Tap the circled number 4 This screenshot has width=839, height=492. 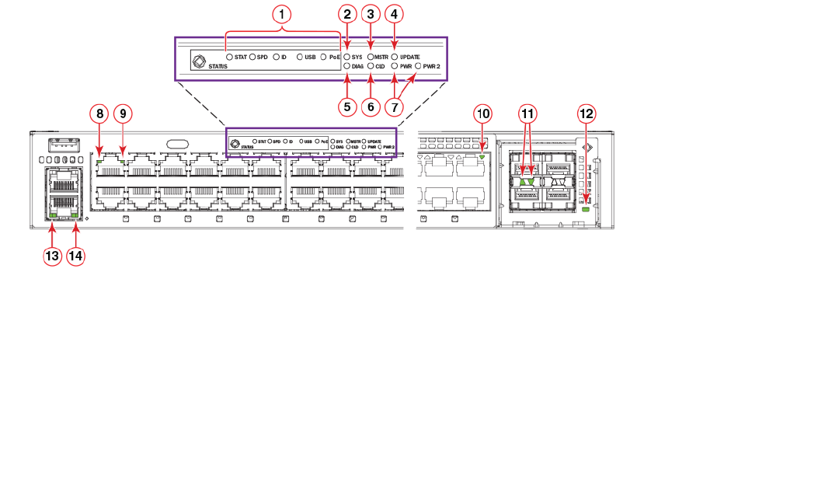coord(395,13)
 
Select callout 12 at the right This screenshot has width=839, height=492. coord(587,113)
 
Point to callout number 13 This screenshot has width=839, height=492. coord(53,256)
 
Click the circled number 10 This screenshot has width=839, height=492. coord(483,113)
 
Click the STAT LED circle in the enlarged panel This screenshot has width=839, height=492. coord(229,57)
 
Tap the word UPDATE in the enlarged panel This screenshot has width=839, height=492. coord(410,57)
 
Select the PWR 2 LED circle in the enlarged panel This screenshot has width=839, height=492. coord(419,67)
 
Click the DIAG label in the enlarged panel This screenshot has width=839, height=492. coord(357,67)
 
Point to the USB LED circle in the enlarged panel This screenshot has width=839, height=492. coord(300,57)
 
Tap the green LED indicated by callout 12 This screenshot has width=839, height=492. coord(586,210)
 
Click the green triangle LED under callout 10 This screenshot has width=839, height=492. coord(482,158)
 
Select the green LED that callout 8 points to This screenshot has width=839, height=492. coord(99,151)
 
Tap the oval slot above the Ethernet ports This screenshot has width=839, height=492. coord(176,143)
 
